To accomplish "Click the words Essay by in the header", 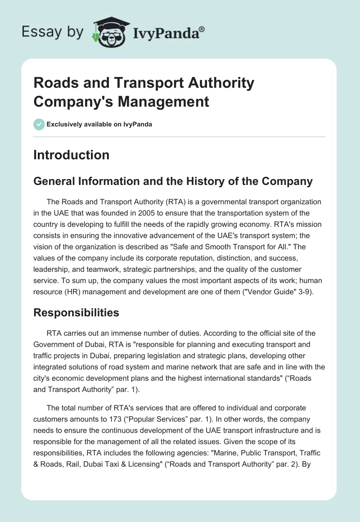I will coord(53,32).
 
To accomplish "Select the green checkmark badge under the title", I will coord(39,124).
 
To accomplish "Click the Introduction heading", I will coord(71,155).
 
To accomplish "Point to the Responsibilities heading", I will coord(76,313).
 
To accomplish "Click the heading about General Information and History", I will coord(173,182).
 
